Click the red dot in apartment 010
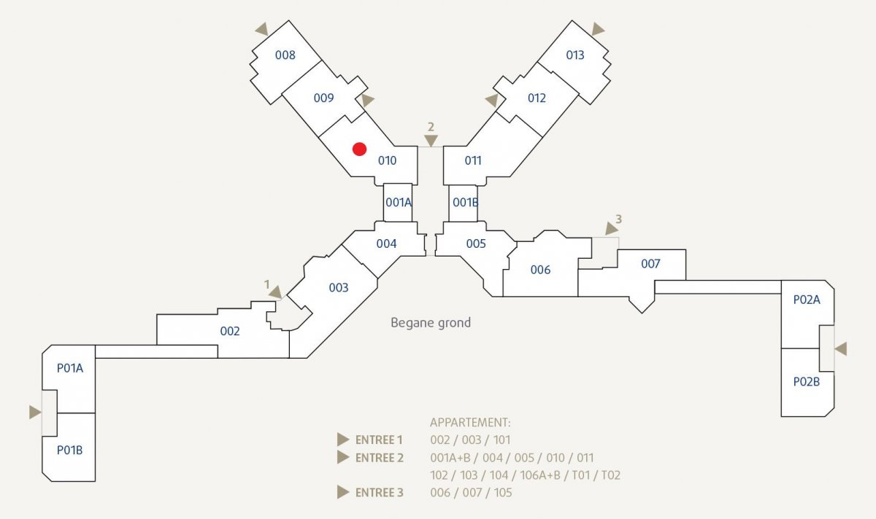click(359, 149)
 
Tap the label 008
click(285, 55)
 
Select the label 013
click(575, 55)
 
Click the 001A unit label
click(399, 203)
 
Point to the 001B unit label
click(466, 203)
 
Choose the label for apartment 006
click(540, 270)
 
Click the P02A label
click(807, 300)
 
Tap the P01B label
click(69, 450)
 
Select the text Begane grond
click(431, 323)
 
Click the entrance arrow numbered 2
click(431, 140)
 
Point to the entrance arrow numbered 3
click(611, 228)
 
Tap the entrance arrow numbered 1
click(276, 292)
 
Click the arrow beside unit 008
click(262, 29)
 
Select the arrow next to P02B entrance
click(841, 348)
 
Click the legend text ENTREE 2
click(380, 458)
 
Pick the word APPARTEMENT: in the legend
click(470, 423)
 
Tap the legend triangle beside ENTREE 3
click(343, 493)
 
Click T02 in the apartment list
click(611, 475)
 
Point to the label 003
click(339, 288)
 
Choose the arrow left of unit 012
click(492, 100)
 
